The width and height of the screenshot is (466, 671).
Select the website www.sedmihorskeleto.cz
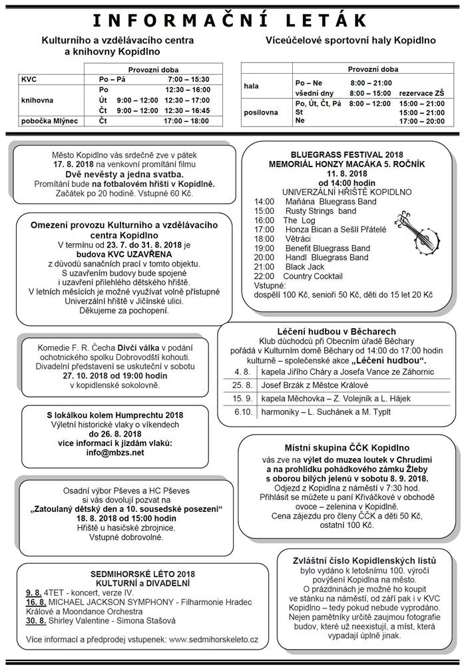214,639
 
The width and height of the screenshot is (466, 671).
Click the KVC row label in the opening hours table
29,79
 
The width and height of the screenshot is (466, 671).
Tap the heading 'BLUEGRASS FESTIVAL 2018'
342,154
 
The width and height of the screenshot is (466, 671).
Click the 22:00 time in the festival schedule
264,276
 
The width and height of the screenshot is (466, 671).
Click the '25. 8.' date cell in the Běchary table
242,385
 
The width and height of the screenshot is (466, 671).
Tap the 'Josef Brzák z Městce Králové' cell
312,385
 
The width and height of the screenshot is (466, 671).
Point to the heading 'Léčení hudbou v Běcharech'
336,331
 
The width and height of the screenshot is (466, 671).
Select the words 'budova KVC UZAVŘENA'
123,254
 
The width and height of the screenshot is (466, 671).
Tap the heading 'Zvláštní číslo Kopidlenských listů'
364,560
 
